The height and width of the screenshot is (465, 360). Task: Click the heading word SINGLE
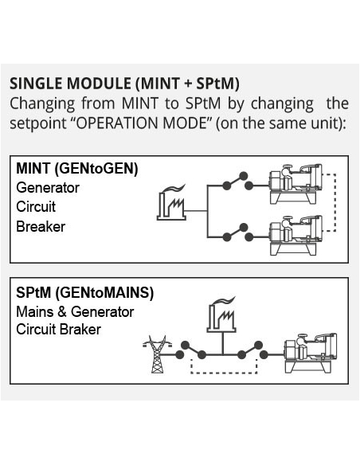37,84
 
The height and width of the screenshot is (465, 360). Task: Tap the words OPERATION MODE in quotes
141,123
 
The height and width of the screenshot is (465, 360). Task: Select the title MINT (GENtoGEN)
77,169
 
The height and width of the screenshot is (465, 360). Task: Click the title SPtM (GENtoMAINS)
84,293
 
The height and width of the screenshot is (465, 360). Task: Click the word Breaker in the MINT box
41,227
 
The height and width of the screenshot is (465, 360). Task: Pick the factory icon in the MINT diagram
171,202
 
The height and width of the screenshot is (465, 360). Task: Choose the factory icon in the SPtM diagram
221,315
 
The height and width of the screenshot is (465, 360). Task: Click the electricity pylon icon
157,354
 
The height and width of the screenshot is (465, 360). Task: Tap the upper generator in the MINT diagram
295,184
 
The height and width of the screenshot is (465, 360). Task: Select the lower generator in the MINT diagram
295,235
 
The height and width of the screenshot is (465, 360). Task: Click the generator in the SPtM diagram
311,353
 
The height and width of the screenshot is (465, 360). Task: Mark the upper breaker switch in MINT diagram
237,182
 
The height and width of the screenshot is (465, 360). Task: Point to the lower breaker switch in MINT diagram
237,232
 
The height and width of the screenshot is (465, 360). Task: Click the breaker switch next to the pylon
190,350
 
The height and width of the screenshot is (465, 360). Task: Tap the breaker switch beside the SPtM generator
252,350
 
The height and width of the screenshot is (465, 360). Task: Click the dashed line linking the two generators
335,202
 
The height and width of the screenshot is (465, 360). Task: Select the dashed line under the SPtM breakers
224,373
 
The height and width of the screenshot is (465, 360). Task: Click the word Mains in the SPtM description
35,311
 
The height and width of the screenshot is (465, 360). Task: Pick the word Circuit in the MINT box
36,207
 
